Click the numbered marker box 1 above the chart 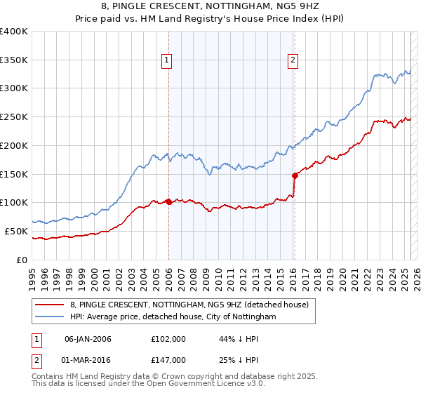pos(168,61)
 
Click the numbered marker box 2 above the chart pos(293,61)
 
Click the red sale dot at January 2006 pos(168,201)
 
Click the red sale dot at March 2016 pos(295,175)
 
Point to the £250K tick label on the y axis pos(15,116)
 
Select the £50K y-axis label pos(17,231)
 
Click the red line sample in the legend pos(49,305)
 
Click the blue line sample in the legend pos(49,317)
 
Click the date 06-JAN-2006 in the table pos(88,339)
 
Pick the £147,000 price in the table pos(168,360)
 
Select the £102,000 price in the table pos(168,339)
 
